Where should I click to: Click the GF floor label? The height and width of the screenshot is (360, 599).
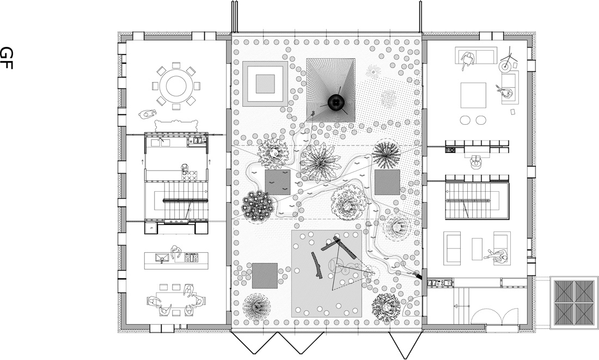click(7, 58)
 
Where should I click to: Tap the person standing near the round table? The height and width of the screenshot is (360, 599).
click(148, 114)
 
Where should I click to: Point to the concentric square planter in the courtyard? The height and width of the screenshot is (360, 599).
click(265, 84)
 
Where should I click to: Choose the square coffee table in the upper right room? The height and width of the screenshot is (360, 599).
click(473, 95)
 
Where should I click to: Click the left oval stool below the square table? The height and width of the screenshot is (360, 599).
click(466, 120)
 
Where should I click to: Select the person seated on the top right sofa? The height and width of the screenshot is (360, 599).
click(467, 59)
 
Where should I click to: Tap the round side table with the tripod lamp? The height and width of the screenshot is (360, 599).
click(505, 66)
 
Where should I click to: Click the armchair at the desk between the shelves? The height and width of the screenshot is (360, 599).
click(476, 162)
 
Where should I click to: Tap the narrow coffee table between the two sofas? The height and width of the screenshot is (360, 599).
click(477, 249)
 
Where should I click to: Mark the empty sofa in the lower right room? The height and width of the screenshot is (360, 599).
click(451, 248)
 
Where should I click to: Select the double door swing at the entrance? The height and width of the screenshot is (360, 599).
click(494, 316)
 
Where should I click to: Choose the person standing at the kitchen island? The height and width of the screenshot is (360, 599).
click(176, 252)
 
